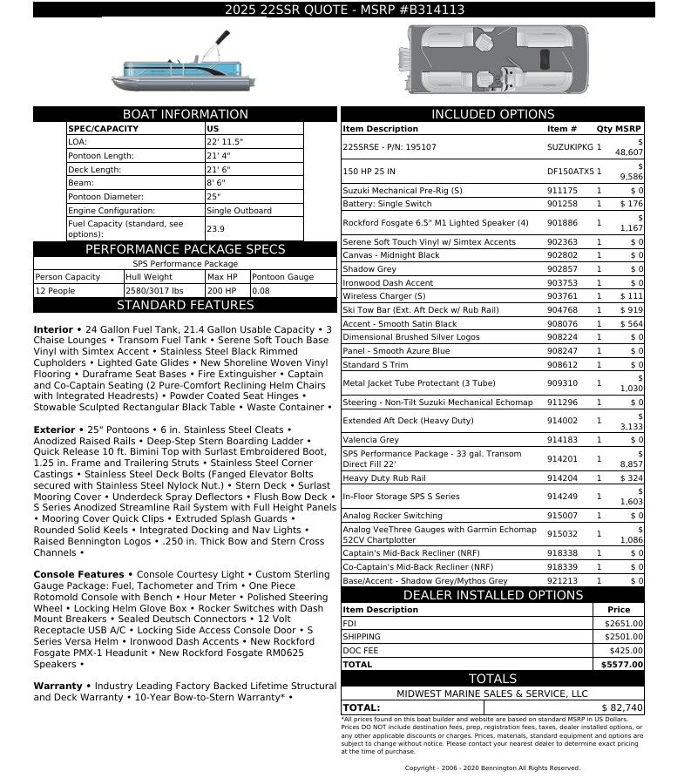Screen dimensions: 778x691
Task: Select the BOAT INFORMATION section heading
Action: point(185,114)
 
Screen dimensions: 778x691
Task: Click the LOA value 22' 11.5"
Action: point(225,141)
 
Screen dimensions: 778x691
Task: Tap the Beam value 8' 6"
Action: point(216,183)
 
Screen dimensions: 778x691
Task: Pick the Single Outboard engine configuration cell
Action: point(239,211)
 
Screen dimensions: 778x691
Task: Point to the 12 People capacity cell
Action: point(55,291)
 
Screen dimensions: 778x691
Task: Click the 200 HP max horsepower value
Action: point(222,291)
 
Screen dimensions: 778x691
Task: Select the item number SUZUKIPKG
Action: point(571,147)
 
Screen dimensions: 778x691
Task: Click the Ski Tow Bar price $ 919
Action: point(631,310)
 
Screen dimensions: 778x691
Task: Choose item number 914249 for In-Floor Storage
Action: point(562,497)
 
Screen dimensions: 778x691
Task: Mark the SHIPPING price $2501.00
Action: point(623,637)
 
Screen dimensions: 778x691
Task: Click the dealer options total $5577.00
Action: point(623,665)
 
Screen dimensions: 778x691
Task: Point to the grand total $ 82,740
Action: point(622,707)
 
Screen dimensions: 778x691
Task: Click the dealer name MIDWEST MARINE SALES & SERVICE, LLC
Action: point(492,693)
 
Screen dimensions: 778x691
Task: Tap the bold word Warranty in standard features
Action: point(58,687)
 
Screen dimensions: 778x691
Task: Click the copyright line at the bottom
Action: point(492,768)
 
